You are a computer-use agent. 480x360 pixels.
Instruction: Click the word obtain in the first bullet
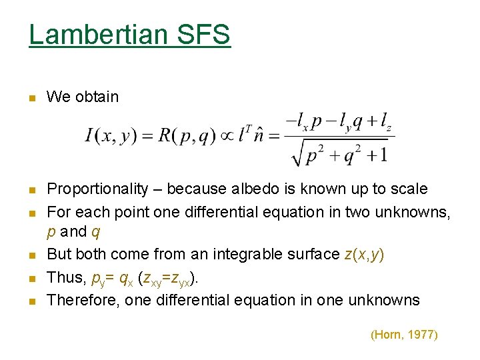(97, 97)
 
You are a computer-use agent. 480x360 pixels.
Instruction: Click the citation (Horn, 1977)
(404, 335)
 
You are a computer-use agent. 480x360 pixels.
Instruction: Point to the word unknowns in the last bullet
(389, 300)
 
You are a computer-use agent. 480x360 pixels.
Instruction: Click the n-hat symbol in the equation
(266, 135)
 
